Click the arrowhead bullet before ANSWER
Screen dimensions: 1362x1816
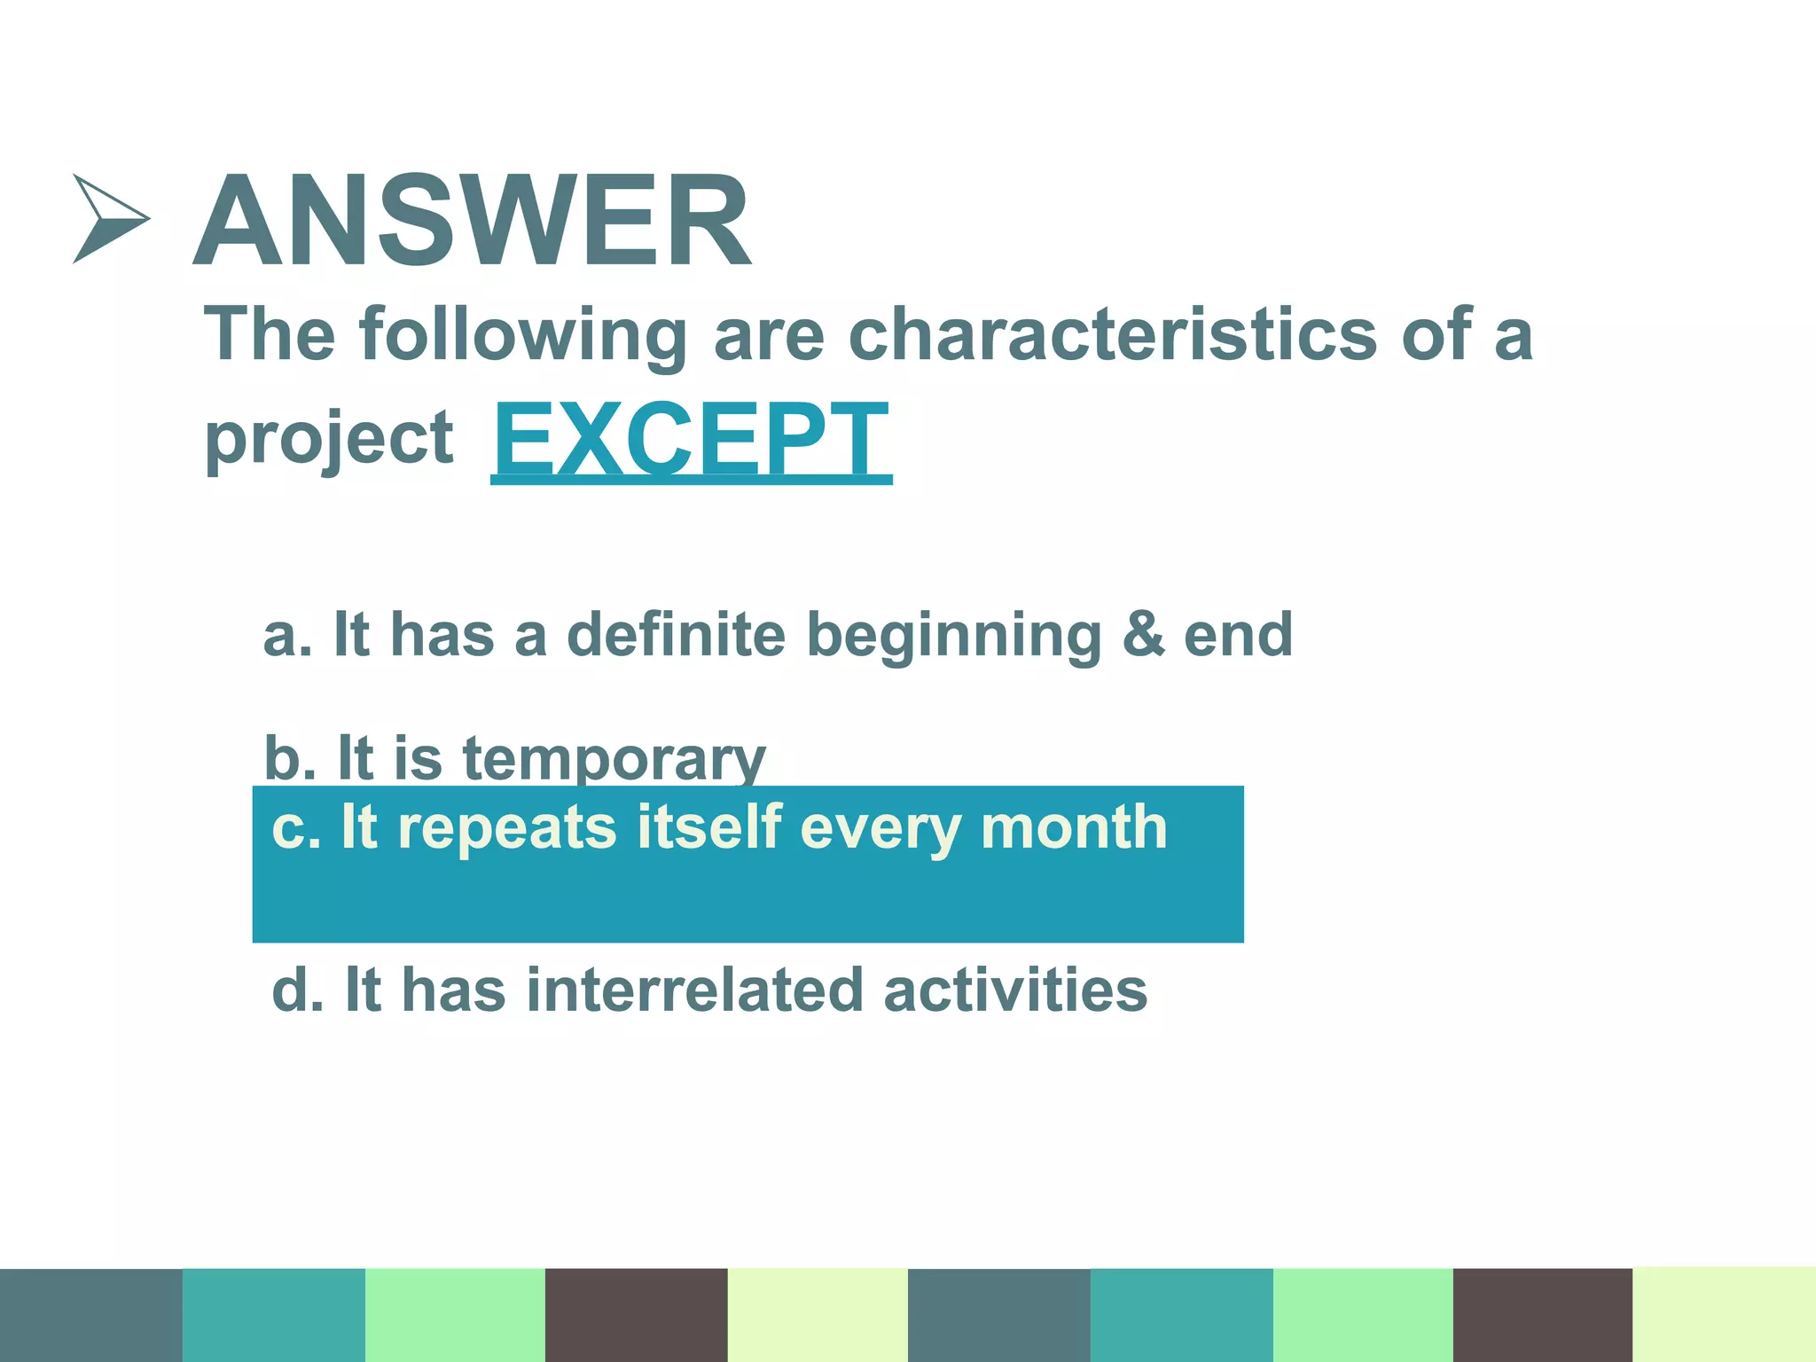coord(108,218)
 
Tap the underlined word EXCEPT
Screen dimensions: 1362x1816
coord(691,440)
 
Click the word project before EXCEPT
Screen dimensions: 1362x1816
coord(329,440)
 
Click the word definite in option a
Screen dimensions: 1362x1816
coord(676,635)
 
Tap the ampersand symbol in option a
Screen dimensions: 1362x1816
coord(1143,635)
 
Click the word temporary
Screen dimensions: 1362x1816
coord(614,761)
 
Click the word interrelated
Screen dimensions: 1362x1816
coord(694,990)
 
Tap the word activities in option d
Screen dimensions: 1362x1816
coord(1015,990)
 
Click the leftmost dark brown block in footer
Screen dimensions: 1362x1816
coord(636,1314)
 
